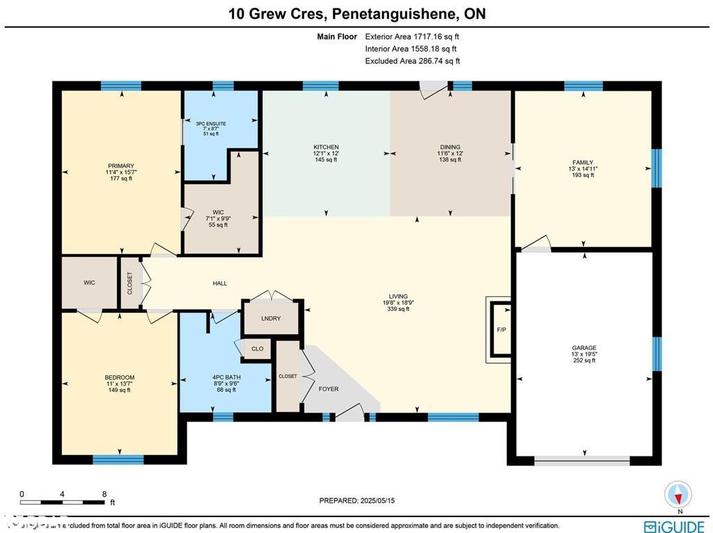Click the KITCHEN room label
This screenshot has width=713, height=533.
coord(326,147)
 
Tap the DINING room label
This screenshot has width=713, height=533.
coord(450,147)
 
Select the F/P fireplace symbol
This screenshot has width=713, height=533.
coord(501,329)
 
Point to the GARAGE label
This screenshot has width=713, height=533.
coord(583,348)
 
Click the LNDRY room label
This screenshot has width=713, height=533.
coord(271,319)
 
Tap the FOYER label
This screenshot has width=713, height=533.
coord(329,389)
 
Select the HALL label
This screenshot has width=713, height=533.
coord(220,283)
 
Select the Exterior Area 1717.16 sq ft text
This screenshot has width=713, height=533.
coord(412,36)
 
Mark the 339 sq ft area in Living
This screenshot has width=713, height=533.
coord(399,309)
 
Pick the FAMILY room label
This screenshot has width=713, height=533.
coord(582,162)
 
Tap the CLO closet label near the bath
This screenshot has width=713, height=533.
coord(258,349)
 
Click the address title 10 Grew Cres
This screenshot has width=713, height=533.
coord(356,13)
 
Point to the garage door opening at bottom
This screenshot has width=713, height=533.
coord(582,460)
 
